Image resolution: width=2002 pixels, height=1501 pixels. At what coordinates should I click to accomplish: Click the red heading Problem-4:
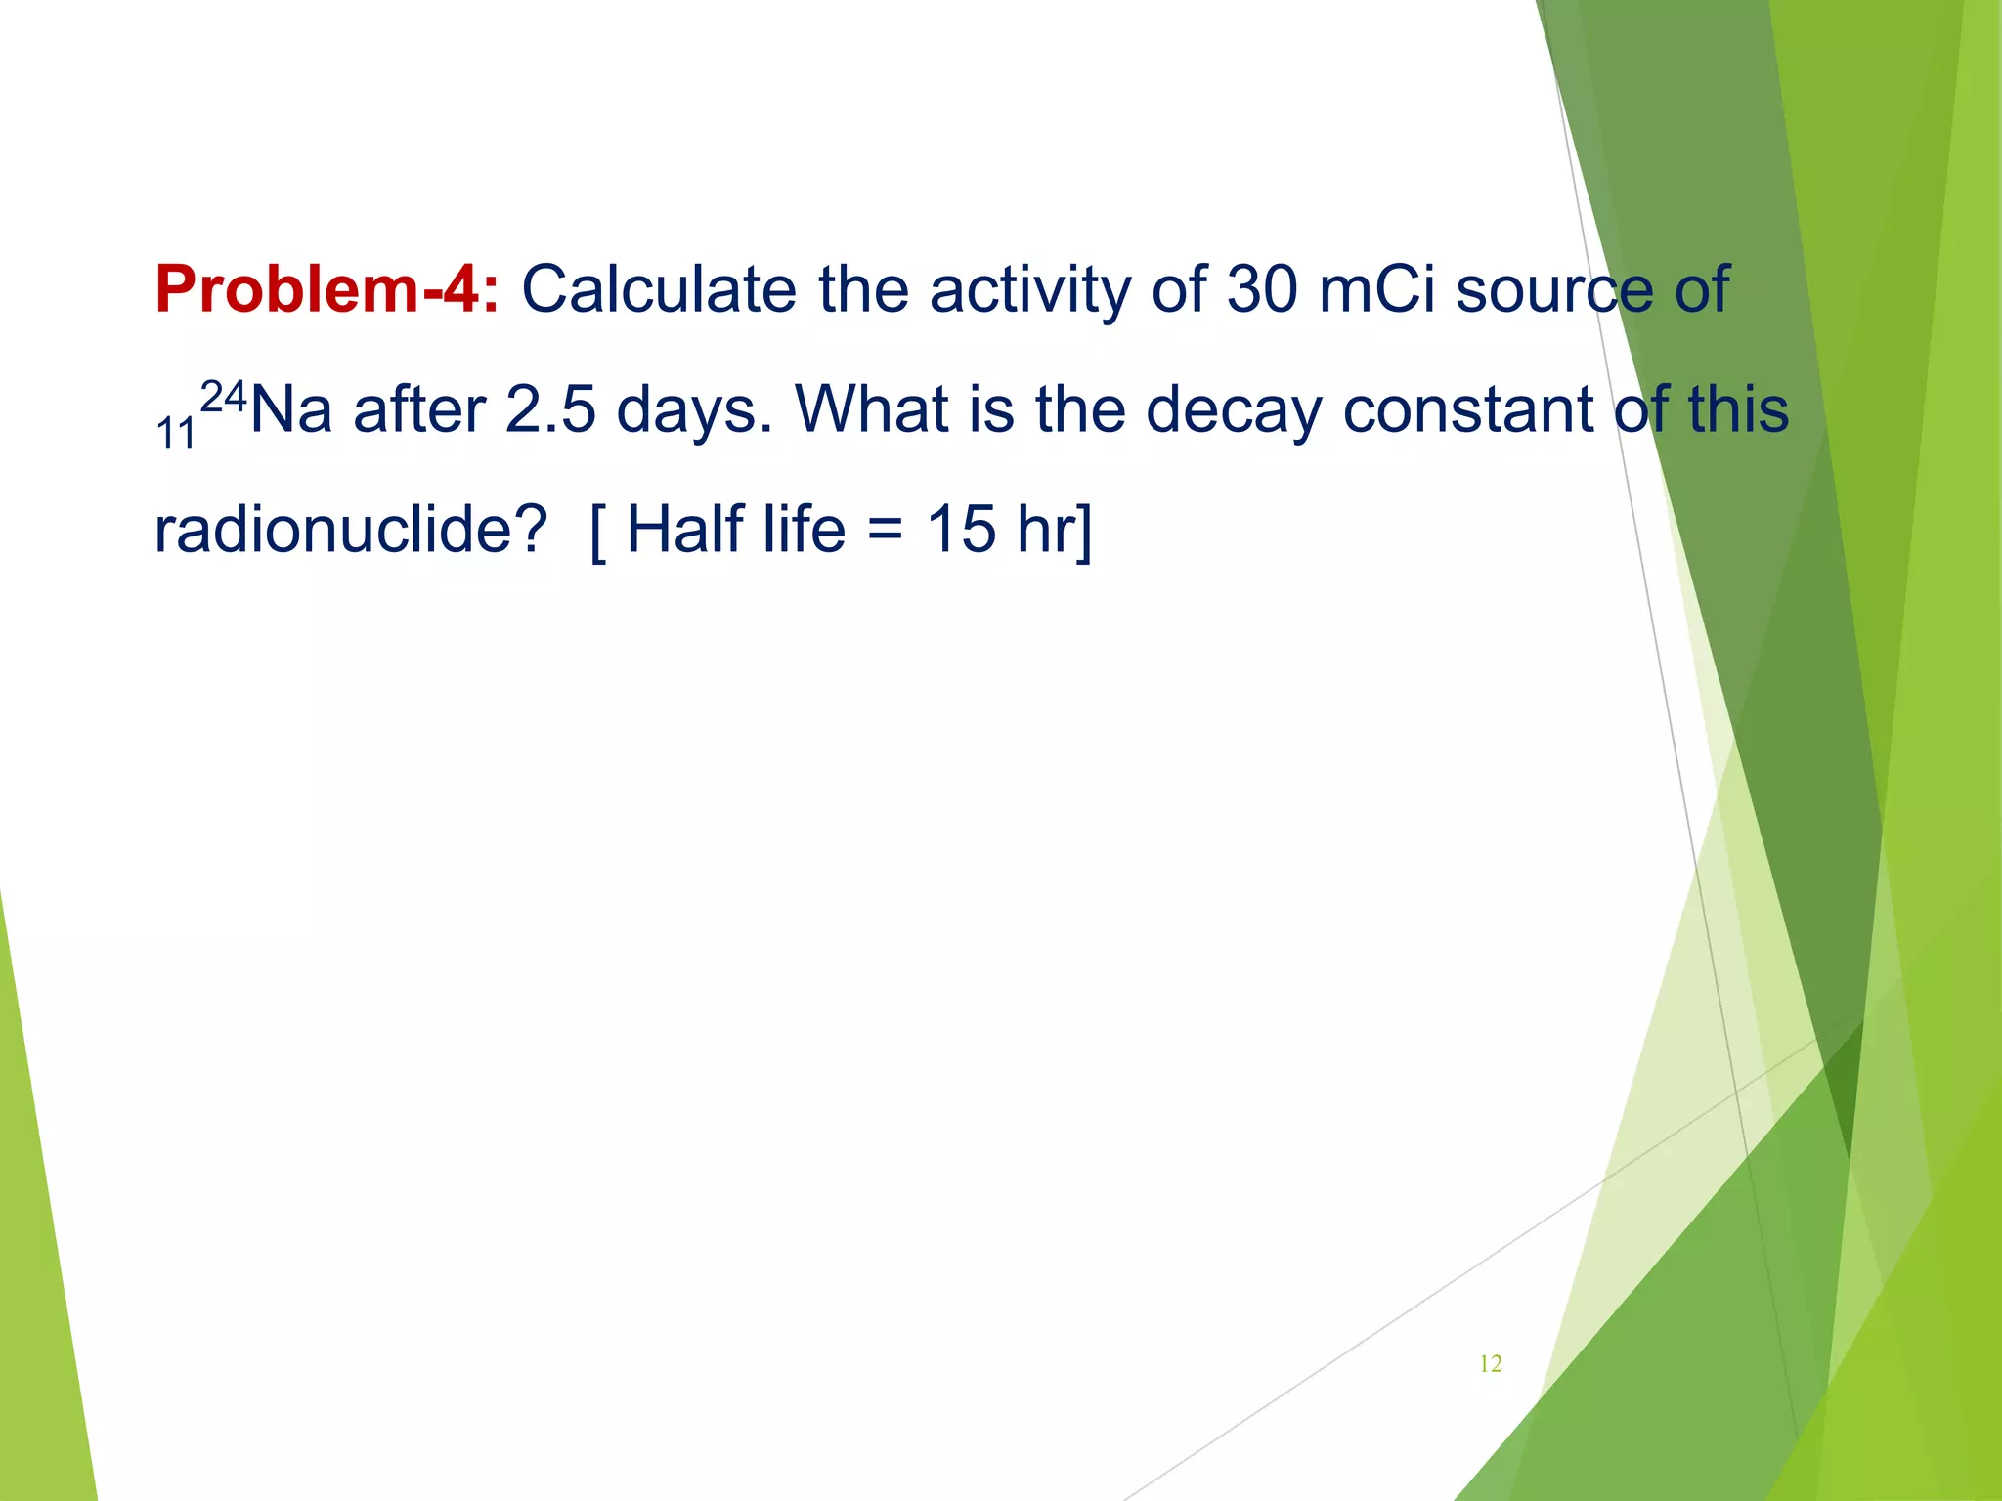click(x=326, y=290)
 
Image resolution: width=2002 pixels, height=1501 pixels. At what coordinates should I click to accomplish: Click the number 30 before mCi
click(x=1261, y=290)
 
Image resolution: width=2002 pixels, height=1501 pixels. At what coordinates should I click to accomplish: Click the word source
click(x=1554, y=290)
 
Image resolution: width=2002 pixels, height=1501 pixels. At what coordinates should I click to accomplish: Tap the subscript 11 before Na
click(x=176, y=433)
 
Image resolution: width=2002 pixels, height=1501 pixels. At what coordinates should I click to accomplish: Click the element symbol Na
click(x=291, y=409)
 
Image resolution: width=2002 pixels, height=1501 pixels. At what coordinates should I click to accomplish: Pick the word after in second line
click(x=419, y=409)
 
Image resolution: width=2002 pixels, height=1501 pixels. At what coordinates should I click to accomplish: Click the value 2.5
click(x=550, y=409)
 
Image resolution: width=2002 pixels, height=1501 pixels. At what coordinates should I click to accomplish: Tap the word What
click(x=873, y=409)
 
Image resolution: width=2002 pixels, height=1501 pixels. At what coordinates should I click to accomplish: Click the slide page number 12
click(x=1491, y=1364)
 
